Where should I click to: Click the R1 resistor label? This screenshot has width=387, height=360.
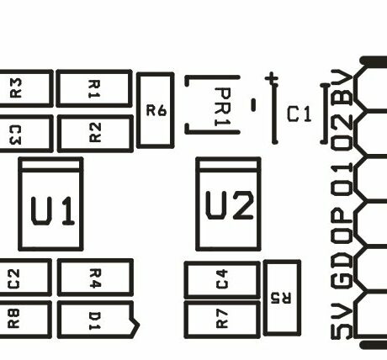pos(94,89)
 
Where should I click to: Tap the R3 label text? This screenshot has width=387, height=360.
pos(15,88)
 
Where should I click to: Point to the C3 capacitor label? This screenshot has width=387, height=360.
pos(15,135)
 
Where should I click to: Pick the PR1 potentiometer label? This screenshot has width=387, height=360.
pos(223,107)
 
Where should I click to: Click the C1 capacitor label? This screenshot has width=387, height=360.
pos(299,114)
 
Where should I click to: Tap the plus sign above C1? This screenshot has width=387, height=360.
pos(272,79)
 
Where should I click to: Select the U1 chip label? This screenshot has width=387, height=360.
pos(53,211)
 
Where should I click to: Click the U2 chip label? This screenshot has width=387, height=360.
pos(230,205)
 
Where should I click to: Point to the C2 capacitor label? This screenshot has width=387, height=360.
pos(13,279)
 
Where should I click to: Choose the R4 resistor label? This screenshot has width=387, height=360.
pos(95,278)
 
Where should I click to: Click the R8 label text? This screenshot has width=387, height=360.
pos(13,319)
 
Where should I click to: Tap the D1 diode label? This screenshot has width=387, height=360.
pos(95,320)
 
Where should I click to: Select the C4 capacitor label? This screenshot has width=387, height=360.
pos(222,279)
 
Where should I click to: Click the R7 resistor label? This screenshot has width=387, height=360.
pos(222,319)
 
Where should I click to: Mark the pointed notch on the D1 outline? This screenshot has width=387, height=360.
pos(139,326)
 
